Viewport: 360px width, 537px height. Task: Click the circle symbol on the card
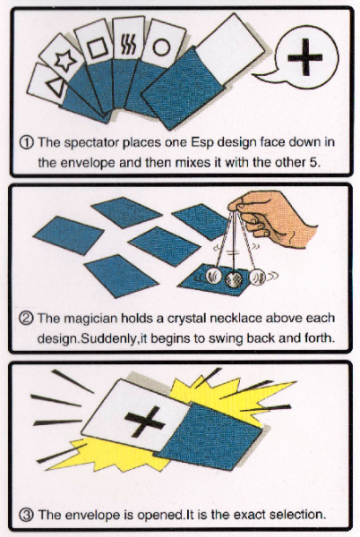[x=161, y=47]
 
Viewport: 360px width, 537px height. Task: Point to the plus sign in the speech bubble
[x=304, y=57]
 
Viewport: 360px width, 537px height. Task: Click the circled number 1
[x=27, y=142]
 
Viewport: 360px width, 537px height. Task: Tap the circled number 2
[x=26, y=319]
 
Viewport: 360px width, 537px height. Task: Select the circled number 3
[x=26, y=516]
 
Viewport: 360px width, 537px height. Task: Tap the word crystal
[x=186, y=320]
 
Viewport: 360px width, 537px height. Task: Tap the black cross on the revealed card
[x=145, y=422]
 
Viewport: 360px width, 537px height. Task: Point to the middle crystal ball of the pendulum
[x=235, y=279]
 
